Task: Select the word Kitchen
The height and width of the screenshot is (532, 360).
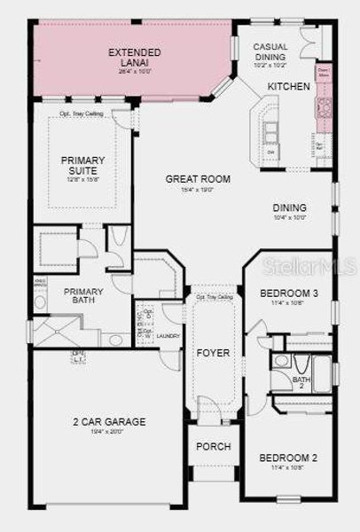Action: pos(288,86)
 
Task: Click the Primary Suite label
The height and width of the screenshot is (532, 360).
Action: pos(82,166)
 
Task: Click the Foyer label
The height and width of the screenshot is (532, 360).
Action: pos(213,353)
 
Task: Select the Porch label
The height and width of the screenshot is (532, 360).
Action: pos(213,446)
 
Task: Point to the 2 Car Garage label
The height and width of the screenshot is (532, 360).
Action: pos(110,422)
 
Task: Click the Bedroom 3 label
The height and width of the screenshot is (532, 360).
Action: pos(288,293)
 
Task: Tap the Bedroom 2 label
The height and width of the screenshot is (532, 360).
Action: pos(288,458)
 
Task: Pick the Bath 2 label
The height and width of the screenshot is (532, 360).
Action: pos(301,381)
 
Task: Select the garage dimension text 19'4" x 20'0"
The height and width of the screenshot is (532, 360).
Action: pos(110,432)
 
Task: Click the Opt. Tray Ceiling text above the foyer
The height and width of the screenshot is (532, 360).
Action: pos(214,297)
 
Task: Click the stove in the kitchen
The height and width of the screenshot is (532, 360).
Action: pos(325,108)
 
